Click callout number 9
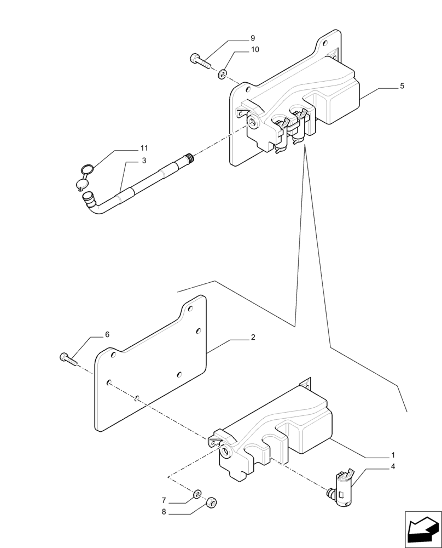coord(253,38)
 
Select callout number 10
coord(255,50)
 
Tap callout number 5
coord(402,86)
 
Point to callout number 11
coord(144,149)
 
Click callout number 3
coord(144,161)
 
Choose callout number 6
coord(107,334)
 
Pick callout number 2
coord(253,338)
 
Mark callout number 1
coord(393,455)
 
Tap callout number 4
coord(393,467)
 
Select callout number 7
coord(164,500)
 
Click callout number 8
coord(164,512)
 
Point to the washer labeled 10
coord(223,73)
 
